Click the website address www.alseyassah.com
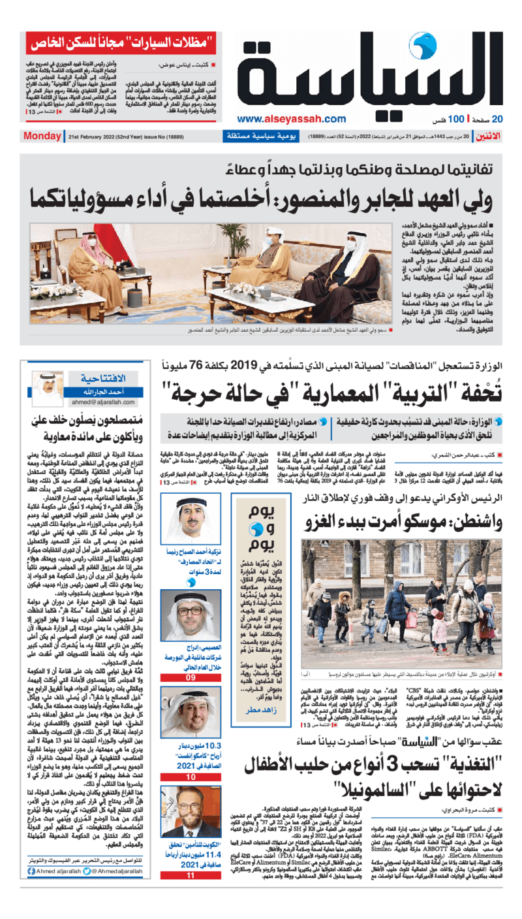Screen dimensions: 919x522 (x=292, y=119)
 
